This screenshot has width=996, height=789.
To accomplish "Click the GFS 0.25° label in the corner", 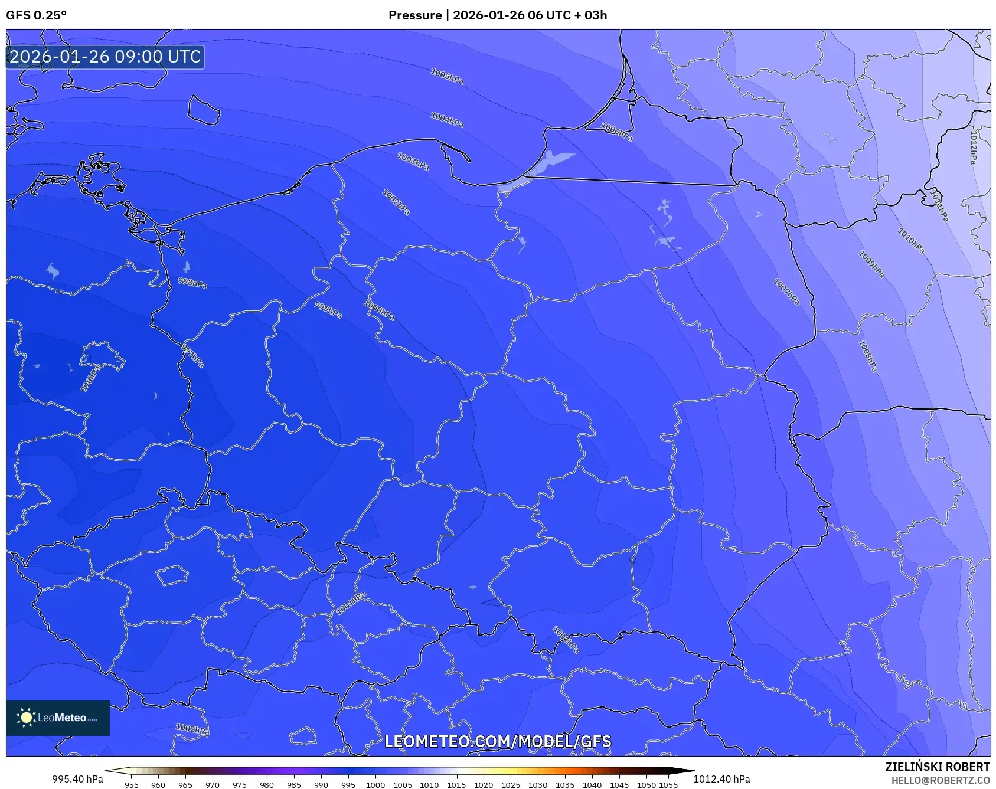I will (x=36, y=15).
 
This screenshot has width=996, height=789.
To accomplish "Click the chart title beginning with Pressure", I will (x=497, y=15).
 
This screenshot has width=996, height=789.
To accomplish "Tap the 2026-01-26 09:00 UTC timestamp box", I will (x=105, y=57).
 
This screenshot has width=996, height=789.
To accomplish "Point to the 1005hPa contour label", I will (x=447, y=77).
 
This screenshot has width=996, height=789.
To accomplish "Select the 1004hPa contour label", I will (x=447, y=120).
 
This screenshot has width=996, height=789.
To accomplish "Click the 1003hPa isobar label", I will (x=413, y=162).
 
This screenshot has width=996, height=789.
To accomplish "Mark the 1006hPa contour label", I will (x=617, y=132).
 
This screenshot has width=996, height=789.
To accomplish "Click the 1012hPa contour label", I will (x=974, y=147).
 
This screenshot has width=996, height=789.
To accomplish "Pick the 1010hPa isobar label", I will (x=911, y=241).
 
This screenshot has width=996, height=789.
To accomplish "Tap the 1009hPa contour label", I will (x=871, y=264).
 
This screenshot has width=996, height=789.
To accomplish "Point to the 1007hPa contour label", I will (x=786, y=292).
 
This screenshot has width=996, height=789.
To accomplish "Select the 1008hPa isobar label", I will (x=867, y=356).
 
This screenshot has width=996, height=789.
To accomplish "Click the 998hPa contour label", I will (x=192, y=283).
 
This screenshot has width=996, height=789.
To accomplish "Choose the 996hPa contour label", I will (x=90, y=379).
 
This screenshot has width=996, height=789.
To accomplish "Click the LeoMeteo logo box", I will (x=58, y=718).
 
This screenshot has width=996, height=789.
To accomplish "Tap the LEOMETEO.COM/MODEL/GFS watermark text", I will (x=498, y=742).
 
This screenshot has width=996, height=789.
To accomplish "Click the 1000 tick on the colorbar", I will (x=375, y=785).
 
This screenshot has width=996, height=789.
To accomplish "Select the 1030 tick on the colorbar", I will (x=538, y=785).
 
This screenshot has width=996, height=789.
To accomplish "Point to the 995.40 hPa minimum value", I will (x=77, y=779).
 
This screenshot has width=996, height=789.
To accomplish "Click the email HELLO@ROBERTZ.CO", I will (x=940, y=780).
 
